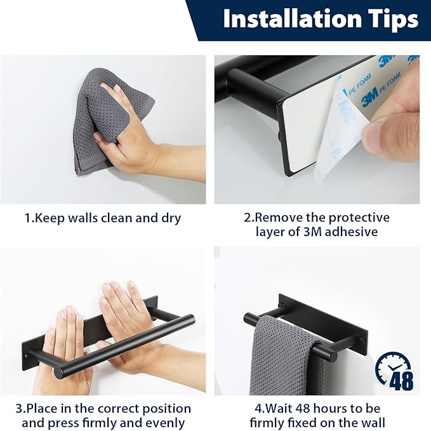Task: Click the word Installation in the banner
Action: pos(293,18)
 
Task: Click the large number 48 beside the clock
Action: pos(401,381)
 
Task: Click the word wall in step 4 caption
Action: pos(373,423)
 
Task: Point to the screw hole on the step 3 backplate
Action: pos(27,356)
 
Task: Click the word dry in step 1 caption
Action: pos(171,219)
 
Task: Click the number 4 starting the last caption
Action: pos(258,409)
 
